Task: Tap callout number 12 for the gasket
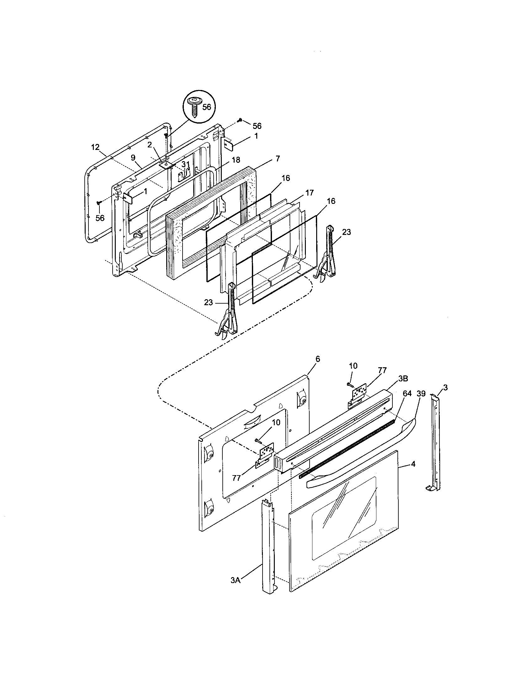(x=95, y=147)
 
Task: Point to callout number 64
(x=407, y=393)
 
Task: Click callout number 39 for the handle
(x=421, y=393)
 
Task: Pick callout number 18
(x=236, y=161)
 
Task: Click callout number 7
(x=277, y=159)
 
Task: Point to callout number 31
(x=185, y=165)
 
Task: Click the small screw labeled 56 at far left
(x=98, y=202)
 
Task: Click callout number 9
(x=133, y=157)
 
